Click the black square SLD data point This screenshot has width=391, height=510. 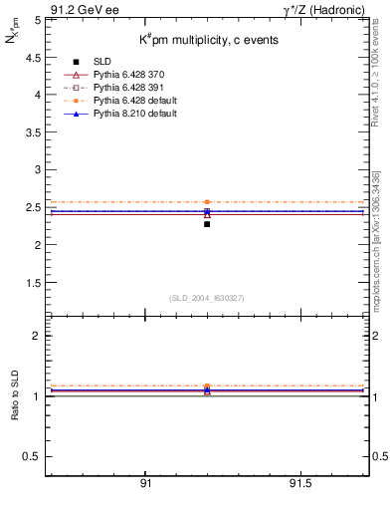click(x=207, y=224)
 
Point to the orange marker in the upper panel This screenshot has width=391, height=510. click(x=207, y=202)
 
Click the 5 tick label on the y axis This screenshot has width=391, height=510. click(x=37, y=19)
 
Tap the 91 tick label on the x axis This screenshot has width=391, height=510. click(x=145, y=483)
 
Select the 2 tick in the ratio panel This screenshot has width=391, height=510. click(x=37, y=336)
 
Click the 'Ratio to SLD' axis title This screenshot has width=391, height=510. click(x=17, y=395)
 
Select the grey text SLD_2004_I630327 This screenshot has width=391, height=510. click(x=207, y=298)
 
